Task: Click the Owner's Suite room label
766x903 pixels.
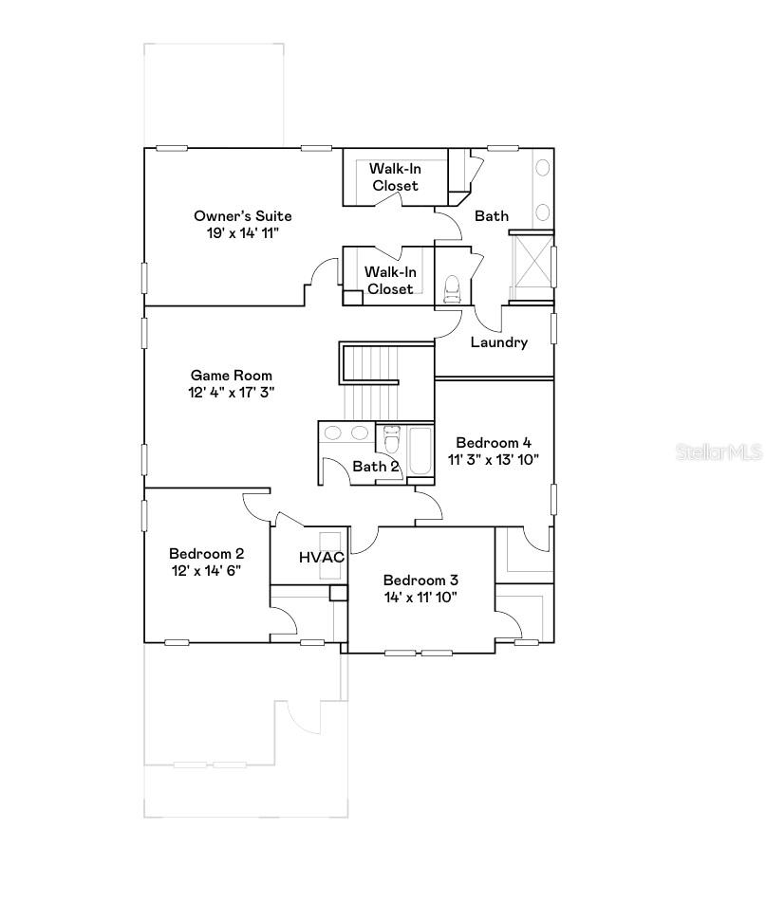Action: coord(243,216)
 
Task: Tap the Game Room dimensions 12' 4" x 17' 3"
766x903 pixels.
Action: coord(231,392)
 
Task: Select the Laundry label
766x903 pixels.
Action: coord(499,342)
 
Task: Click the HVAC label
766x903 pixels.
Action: coord(322,557)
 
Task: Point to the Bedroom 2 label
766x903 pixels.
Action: coord(206,553)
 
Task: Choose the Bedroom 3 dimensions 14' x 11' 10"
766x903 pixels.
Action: coord(420,598)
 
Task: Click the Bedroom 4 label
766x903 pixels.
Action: coord(494,442)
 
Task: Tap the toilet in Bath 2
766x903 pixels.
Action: coord(392,439)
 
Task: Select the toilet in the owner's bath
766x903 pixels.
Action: coord(452,288)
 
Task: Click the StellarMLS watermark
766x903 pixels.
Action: coord(719,452)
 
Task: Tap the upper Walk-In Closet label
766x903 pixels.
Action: coord(396,176)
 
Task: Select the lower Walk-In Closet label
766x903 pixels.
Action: coord(390,281)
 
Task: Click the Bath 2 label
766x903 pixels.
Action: coord(376,467)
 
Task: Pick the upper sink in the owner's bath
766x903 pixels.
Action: coord(542,168)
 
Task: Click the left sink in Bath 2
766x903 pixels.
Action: coord(332,433)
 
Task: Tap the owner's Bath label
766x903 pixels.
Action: coord(492,216)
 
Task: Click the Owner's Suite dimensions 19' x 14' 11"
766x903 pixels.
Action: coord(243,233)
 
